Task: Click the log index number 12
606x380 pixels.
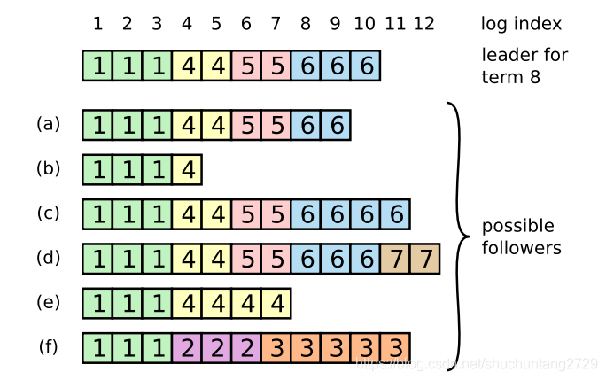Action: (424, 24)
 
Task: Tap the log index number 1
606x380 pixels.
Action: (97, 24)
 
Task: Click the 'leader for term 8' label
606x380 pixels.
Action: (524, 66)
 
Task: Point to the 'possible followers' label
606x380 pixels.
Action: (521, 237)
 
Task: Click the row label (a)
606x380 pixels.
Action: (49, 124)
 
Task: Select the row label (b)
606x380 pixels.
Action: (49, 168)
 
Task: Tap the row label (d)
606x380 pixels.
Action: (49, 258)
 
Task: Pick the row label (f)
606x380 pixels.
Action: (49, 346)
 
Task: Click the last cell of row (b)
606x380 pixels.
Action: (187, 169)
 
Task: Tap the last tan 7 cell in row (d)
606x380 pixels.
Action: (425, 259)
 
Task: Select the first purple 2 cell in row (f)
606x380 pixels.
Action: (187, 347)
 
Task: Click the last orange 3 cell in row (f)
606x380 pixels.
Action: (395, 347)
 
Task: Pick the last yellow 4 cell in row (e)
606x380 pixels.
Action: (276, 303)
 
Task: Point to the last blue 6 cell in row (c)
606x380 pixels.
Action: (395, 214)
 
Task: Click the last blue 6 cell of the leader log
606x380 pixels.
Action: (366, 66)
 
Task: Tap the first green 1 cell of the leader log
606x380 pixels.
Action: (97, 66)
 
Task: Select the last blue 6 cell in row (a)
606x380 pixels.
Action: (336, 125)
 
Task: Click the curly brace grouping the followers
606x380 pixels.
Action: (457, 236)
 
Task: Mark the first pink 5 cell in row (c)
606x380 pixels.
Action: (246, 214)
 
